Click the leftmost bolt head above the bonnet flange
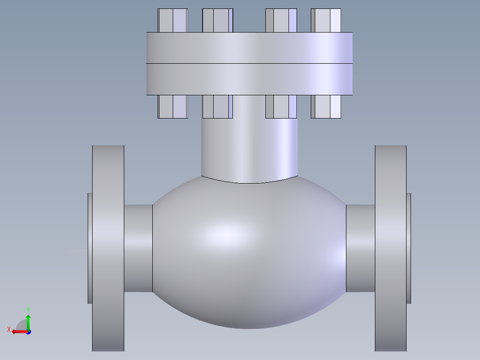172,20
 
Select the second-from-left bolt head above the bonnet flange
217,20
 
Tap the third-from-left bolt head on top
281,20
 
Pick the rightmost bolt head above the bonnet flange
326,20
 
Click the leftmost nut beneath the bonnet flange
172,107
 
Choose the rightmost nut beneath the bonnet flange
326,107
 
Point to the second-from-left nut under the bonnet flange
217,107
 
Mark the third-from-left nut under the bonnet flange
281,107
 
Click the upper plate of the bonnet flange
249,48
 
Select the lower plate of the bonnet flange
249,79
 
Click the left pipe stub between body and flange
138,248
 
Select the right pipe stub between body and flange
361,248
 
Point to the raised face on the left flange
90,248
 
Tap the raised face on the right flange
409,248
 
